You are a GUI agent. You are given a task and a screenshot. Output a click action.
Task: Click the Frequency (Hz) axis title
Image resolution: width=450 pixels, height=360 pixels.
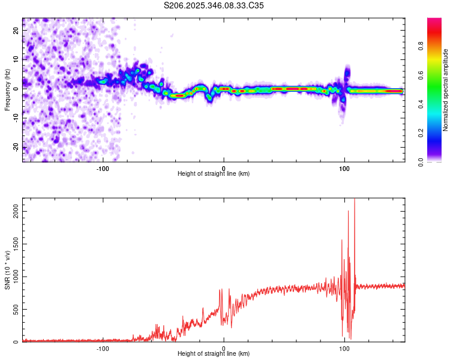point(7,90)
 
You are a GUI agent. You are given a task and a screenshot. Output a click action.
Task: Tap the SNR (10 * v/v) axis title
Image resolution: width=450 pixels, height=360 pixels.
point(7,270)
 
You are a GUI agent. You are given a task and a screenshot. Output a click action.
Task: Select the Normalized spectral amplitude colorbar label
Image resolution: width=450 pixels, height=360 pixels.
point(446,90)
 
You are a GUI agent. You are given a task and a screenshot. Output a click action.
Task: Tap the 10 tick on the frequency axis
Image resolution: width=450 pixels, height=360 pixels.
point(16,59)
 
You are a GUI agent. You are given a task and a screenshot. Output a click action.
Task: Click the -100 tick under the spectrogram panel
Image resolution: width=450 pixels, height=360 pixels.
point(103,167)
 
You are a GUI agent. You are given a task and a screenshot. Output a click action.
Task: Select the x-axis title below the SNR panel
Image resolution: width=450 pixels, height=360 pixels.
point(214,354)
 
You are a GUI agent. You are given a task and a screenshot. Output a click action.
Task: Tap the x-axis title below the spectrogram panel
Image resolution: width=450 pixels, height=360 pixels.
point(214,174)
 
